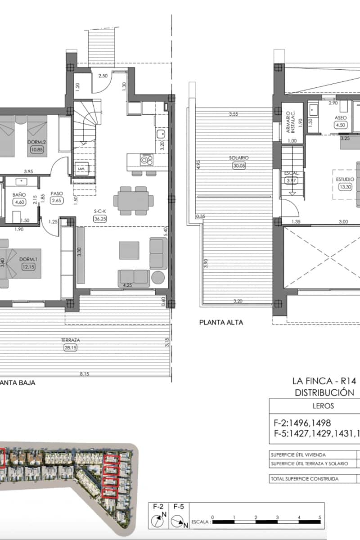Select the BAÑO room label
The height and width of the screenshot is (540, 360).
pos(18,195)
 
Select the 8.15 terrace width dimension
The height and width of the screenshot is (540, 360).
pos(84,373)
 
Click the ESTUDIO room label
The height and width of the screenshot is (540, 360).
pos(345,179)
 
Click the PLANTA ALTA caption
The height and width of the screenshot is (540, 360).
pos(221,322)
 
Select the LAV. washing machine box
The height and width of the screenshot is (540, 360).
pos(81,168)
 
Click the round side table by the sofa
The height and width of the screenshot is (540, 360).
pos(158,277)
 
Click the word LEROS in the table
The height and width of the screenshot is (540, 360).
pos(323,405)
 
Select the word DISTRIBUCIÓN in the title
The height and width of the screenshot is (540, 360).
pos(324,392)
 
